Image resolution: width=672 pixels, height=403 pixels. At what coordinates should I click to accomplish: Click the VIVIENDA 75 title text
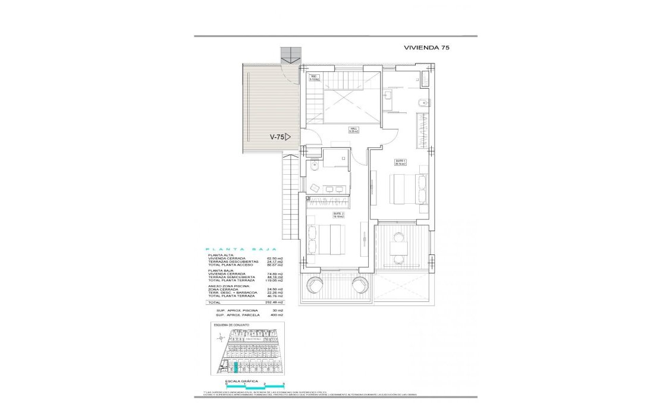(426, 48)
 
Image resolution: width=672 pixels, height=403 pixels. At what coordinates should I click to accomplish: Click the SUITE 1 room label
(401, 162)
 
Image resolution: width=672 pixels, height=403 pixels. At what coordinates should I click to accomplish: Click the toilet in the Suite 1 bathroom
(422, 102)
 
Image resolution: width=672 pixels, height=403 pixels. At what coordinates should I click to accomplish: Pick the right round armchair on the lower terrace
(360, 285)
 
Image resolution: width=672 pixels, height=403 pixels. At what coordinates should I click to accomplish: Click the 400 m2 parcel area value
(277, 315)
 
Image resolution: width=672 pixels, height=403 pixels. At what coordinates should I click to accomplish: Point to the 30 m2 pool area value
(278, 310)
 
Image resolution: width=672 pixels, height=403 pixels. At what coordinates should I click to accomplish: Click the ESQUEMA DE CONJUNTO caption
(231, 325)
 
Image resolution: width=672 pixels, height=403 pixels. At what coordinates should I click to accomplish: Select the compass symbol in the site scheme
(221, 338)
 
